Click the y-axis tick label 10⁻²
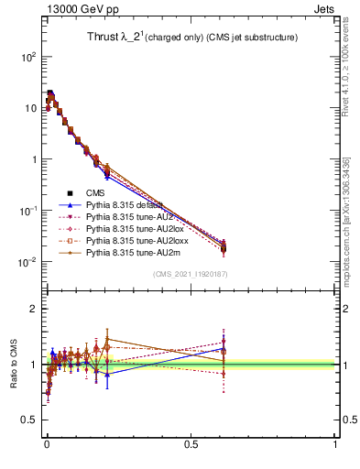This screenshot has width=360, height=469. [x=26, y=263]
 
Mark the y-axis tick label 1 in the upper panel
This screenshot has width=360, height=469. [x=31, y=159]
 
